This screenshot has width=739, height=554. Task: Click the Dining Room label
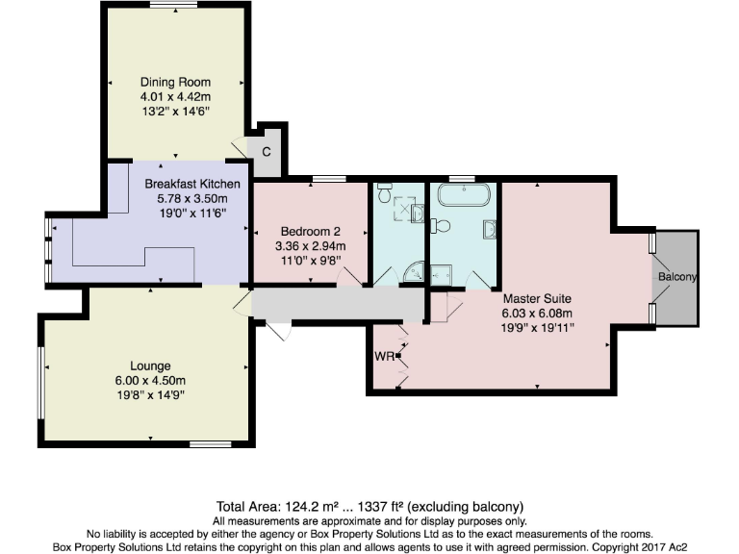(x=175, y=82)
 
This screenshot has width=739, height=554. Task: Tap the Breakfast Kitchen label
(x=192, y=183)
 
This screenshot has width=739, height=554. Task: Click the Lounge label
(x=151, y=365)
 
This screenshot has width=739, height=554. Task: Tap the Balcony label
(x=677, y=277)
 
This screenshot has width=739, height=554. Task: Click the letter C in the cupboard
(x=267, y=152)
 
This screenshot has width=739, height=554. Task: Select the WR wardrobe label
(x=384, y=355)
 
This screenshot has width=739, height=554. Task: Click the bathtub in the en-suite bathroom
(x=464, y=201)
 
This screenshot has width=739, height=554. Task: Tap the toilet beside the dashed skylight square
(x=385, y=195)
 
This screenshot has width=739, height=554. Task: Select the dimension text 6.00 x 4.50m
(x=151, y=380)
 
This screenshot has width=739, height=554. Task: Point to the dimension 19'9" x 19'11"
(x=537, y=327)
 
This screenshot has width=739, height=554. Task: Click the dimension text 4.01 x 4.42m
(x=175, y=97)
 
